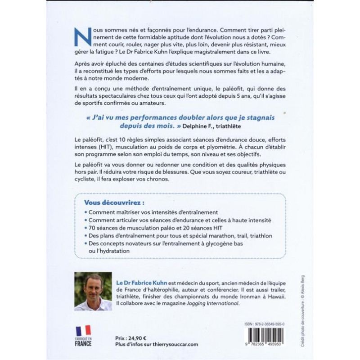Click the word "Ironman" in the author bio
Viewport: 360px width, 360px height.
[x=240, y=296]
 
